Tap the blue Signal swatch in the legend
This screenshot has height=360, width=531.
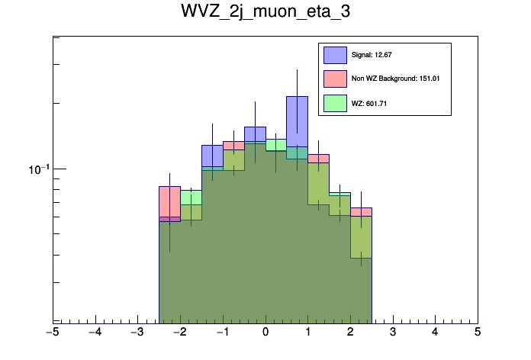(x=335, y=55)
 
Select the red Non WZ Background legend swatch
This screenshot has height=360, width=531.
(x=335, y=79)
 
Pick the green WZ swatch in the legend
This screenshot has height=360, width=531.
(x=335, y=103)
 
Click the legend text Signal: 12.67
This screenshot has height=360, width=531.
(x=371, y=55)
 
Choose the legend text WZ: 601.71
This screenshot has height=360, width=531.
(x=369, y=103)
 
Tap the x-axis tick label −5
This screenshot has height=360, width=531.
(x=52, y=333)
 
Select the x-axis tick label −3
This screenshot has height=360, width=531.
(x=137, y=333)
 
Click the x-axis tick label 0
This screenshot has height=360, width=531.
(x=265, y=333)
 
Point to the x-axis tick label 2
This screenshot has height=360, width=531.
(x=350, y=333)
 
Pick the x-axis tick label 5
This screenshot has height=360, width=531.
(x=478, y=333)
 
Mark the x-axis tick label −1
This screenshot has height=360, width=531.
(x=222, y=333)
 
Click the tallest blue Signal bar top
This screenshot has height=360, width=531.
(x=297, y=97)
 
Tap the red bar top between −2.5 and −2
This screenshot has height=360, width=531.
(x=169, y=186)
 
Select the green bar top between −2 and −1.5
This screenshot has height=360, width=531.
(x=191, y=191)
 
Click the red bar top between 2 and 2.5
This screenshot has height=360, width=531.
(x=361, y=207)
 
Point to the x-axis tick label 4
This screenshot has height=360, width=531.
(x=435, y=333)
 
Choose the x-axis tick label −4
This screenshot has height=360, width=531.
(x=95, y=333)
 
